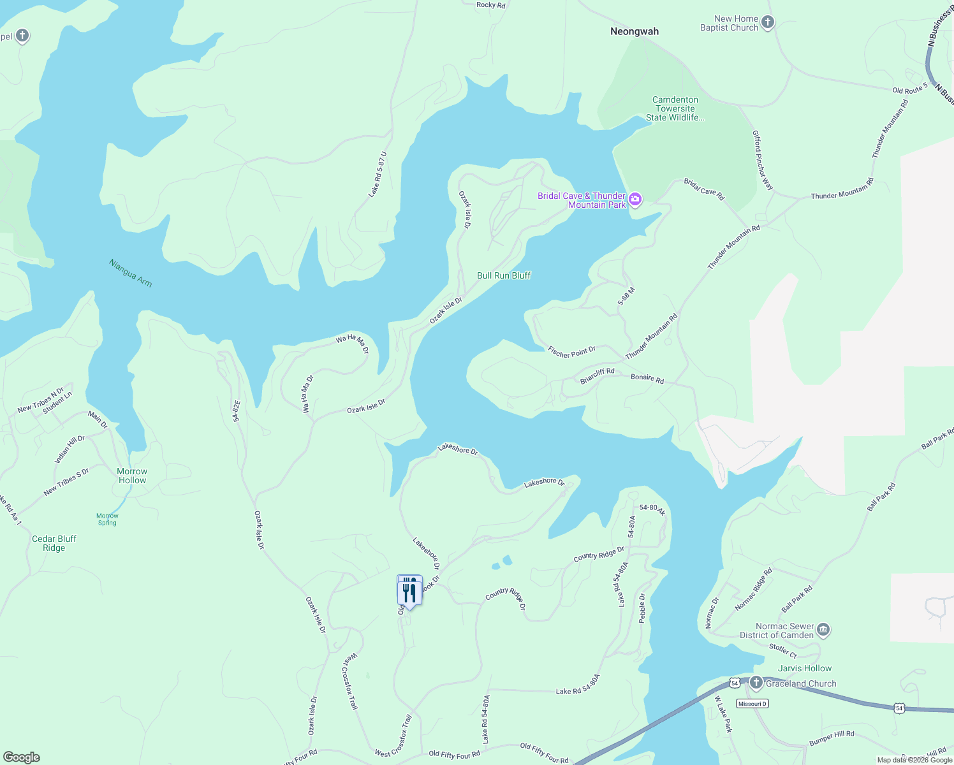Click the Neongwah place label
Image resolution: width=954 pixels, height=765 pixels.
[635, 31]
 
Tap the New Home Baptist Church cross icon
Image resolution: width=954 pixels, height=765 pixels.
[768, 23]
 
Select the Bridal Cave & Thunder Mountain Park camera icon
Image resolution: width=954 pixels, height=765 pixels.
[635, 200]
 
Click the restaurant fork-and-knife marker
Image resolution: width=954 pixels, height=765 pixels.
[409, 591]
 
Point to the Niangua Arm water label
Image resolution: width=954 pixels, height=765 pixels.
[131, 273]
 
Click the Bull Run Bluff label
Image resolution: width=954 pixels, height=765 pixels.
[504, 275]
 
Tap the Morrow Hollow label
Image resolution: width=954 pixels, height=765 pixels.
[132, 476]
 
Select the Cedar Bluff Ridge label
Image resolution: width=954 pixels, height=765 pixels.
[54, 543]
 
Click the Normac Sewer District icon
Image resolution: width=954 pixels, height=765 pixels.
[823, 630]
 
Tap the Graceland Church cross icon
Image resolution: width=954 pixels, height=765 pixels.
[756, 683]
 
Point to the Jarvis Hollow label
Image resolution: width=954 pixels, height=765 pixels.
[805, 668]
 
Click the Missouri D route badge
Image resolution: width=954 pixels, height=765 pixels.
[752, 704]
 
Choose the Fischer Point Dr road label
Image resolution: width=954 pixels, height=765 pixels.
[572, 351]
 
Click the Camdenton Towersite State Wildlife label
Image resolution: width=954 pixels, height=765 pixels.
[675, 108]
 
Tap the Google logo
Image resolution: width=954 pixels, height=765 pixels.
[22, 757]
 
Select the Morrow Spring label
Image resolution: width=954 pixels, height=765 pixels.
[107, 520]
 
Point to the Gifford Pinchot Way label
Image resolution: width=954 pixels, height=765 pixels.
[763, 160]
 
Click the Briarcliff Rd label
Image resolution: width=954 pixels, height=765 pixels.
[598, 375]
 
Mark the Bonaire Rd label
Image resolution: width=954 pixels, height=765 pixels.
[647, 379]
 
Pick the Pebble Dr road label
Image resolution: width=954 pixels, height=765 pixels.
[642, 608]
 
